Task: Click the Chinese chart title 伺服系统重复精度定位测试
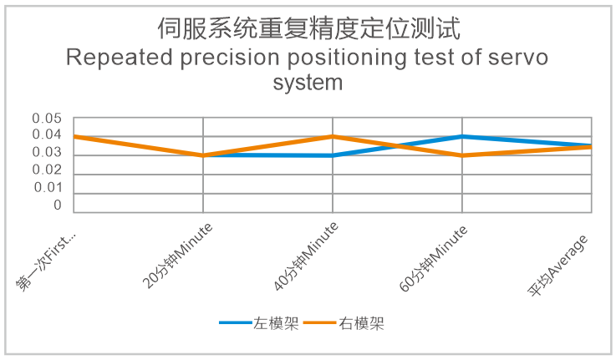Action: (x=308, y=28)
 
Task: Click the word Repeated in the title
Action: (x=120, y=58)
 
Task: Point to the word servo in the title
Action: (x=517, y=58)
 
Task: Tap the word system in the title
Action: (x=308, y=84)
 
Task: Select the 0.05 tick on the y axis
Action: (x=47, y=118)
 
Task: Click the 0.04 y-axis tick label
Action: (x=47, y=134)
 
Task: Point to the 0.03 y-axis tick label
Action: (x=47, y=152)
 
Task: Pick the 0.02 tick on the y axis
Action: (x=47, y=170)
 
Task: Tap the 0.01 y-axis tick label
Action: (x=48, y=188)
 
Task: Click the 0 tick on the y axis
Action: (x=58, y=205)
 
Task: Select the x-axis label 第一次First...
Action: (x=46, y=261)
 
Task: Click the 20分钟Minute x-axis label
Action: (x=177, y=256)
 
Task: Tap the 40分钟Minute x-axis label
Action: (x=306, y=256)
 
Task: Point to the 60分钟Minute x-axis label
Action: (x=433, y=258)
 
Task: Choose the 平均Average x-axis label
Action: (x=557, y=266)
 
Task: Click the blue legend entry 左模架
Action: (x=259, y=323)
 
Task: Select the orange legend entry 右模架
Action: (x=344, y=323)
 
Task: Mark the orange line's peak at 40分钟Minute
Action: (x=333, y=137)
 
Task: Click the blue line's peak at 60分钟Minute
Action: (x=462, y=137)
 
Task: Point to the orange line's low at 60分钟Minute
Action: (x=462, y=155)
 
